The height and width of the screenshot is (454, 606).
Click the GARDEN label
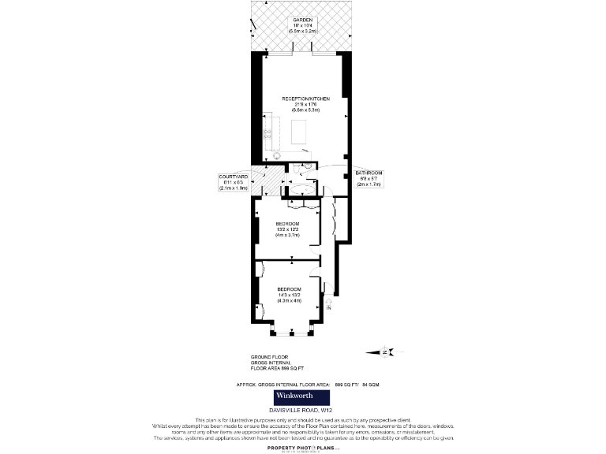[303, 19]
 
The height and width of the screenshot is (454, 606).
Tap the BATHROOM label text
[368, 173]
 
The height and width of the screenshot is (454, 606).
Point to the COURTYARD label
[234, 177]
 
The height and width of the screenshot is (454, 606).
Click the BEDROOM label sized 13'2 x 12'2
[288, 224]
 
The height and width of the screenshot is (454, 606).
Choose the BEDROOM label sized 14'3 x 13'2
[288, 289]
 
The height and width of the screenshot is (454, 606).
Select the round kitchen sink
[277, 154]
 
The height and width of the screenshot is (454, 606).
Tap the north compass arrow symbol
[387, 352]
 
